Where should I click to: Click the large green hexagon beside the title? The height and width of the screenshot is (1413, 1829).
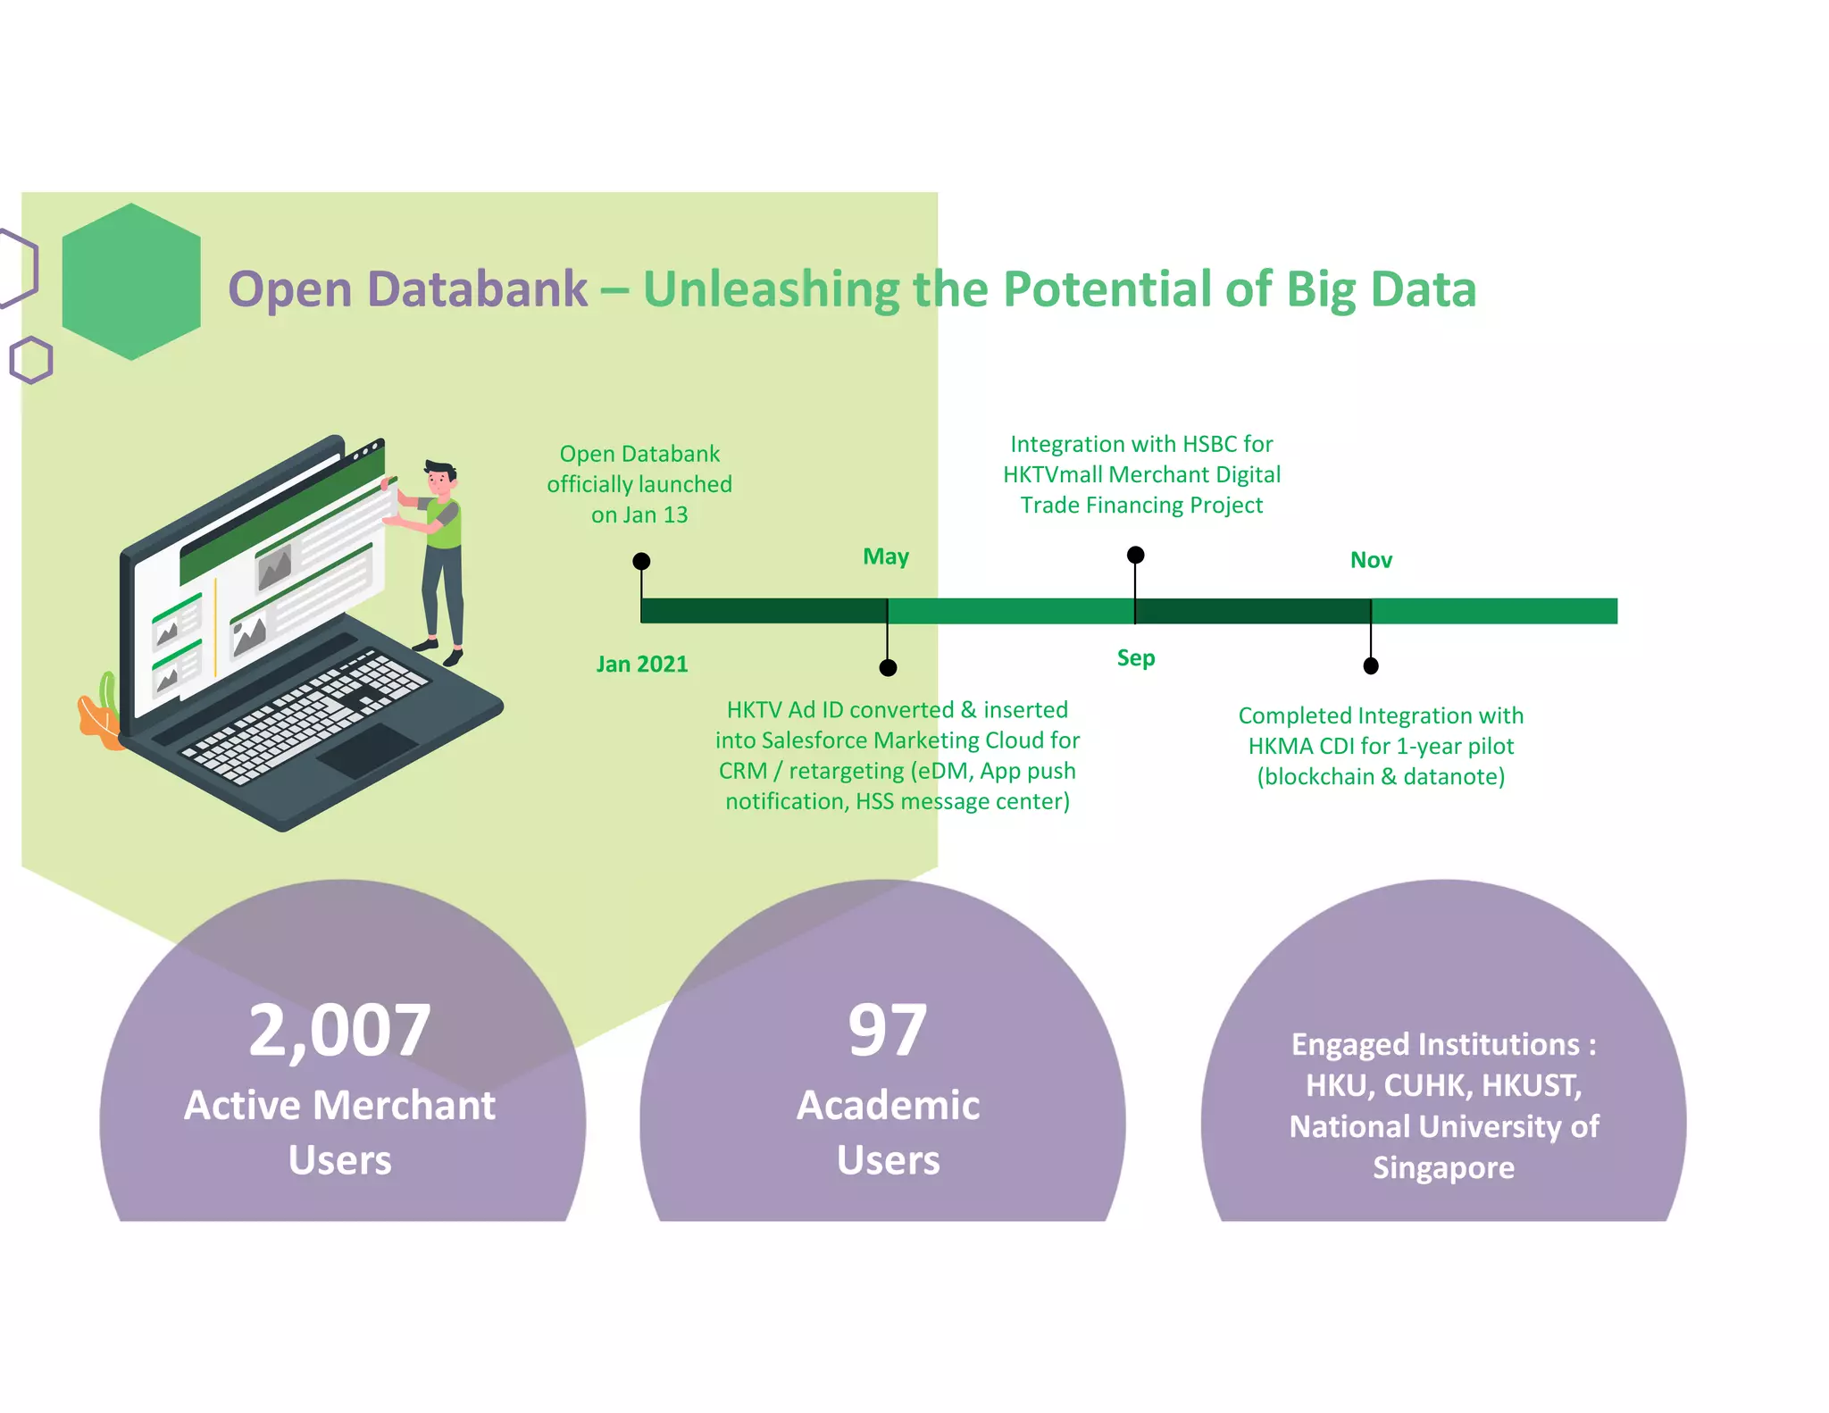point(131,282)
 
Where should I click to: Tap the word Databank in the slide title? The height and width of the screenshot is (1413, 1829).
point(477,289)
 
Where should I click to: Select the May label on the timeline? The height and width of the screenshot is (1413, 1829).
point(886,557)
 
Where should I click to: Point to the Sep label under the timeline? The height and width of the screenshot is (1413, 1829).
point(1136,658)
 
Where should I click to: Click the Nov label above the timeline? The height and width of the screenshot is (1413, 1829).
point(1371,560)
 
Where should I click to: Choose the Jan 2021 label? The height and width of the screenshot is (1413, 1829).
point(642,665)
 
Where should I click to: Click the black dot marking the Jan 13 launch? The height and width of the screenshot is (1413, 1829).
point(641,561)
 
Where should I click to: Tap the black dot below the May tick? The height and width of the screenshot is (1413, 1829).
point(888,667)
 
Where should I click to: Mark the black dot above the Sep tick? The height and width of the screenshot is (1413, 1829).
point(1136,555)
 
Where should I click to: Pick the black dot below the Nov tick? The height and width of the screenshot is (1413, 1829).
point(1371,665)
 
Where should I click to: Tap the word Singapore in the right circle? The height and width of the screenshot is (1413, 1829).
point(1443,1168)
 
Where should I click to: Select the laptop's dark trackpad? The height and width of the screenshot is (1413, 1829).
point(367,749)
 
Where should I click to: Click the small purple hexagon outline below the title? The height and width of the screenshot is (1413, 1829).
point(31,360)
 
